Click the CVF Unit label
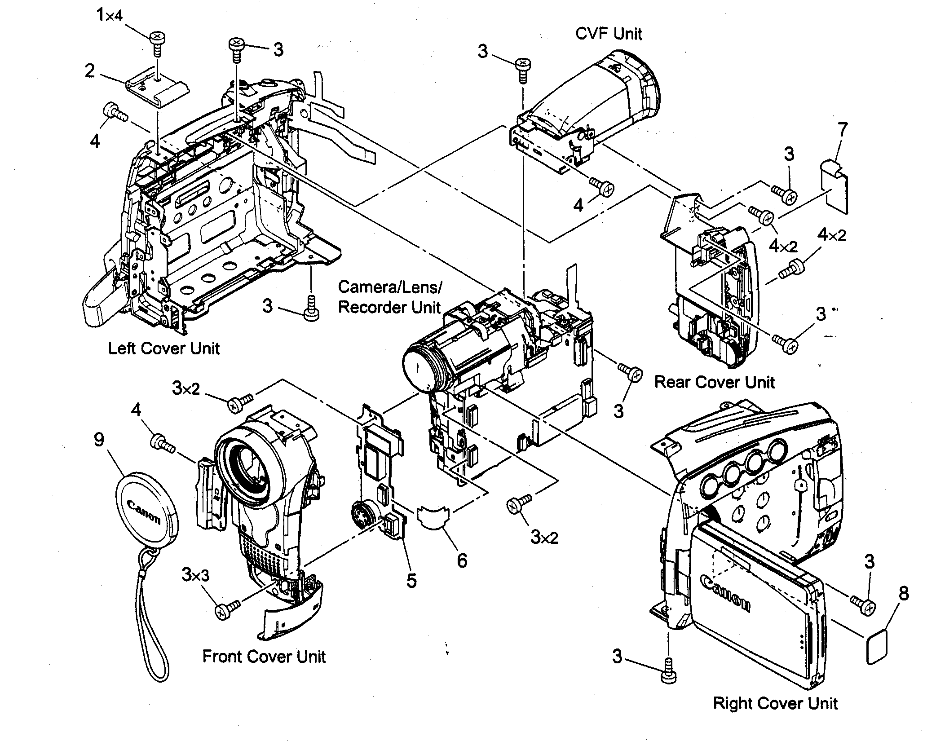tap(609, 34)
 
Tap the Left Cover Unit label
tap(164, 348)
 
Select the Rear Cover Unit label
tap(714, 382)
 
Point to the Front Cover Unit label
tap(264, 656)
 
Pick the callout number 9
tap(99, 440)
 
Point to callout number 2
tap(90, 71)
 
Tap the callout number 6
tap(462, 560)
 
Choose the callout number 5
tap(411, 581)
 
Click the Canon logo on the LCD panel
tap(724, 593)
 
